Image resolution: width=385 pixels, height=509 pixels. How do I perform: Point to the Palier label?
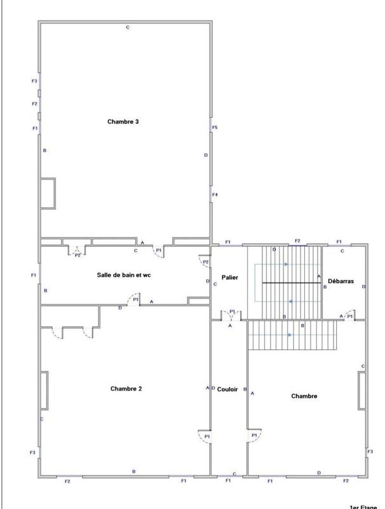pos(229,277)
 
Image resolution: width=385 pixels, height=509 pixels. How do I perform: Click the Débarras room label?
pos(341,281)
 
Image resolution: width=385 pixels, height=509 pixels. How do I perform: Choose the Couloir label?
pos(228,389)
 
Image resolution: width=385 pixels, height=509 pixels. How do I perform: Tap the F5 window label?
pos(215,129)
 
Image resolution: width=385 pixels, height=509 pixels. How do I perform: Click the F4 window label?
pos(215,194)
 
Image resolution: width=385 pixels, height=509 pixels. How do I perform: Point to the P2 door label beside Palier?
pos(206,262)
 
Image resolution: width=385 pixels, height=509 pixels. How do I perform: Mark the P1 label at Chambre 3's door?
pos(159,251)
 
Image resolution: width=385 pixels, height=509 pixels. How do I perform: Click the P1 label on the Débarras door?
pos(349,316)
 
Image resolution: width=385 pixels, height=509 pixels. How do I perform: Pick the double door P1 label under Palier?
pos(232,312)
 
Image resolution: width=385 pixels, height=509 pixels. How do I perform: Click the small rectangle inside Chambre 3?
pos(49,193)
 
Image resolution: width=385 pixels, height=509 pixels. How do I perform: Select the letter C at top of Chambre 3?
pos(128,27)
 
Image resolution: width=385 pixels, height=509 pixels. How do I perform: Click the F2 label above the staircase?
pos(297,241)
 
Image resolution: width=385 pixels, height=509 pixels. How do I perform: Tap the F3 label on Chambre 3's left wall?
pos(34,81)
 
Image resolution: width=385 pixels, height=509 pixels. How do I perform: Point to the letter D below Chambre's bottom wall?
pos(318,472)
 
